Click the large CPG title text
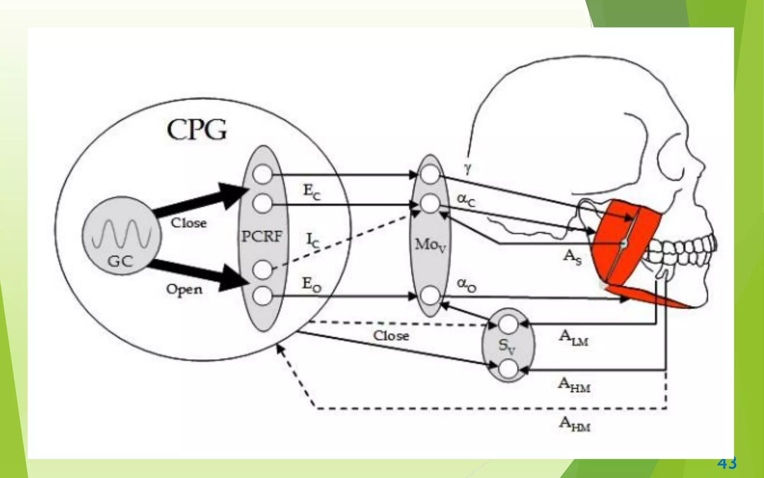pos(197,130)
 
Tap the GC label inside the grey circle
pos(120,261)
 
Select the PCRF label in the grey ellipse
pos(262,236)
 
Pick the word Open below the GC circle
pos(184,289)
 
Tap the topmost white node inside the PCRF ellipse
pos(262,174)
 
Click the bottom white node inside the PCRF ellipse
pos(262,296)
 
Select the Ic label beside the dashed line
pos(313,240)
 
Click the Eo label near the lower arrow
pos(311,285)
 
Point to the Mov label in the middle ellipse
pos(430,245)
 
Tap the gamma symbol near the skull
pos(468,168)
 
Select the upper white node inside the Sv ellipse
pos(508,324)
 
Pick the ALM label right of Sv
pos(574,338)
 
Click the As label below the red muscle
pos(572,257)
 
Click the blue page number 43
pos(727,463)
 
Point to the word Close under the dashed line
pos(391,336)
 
